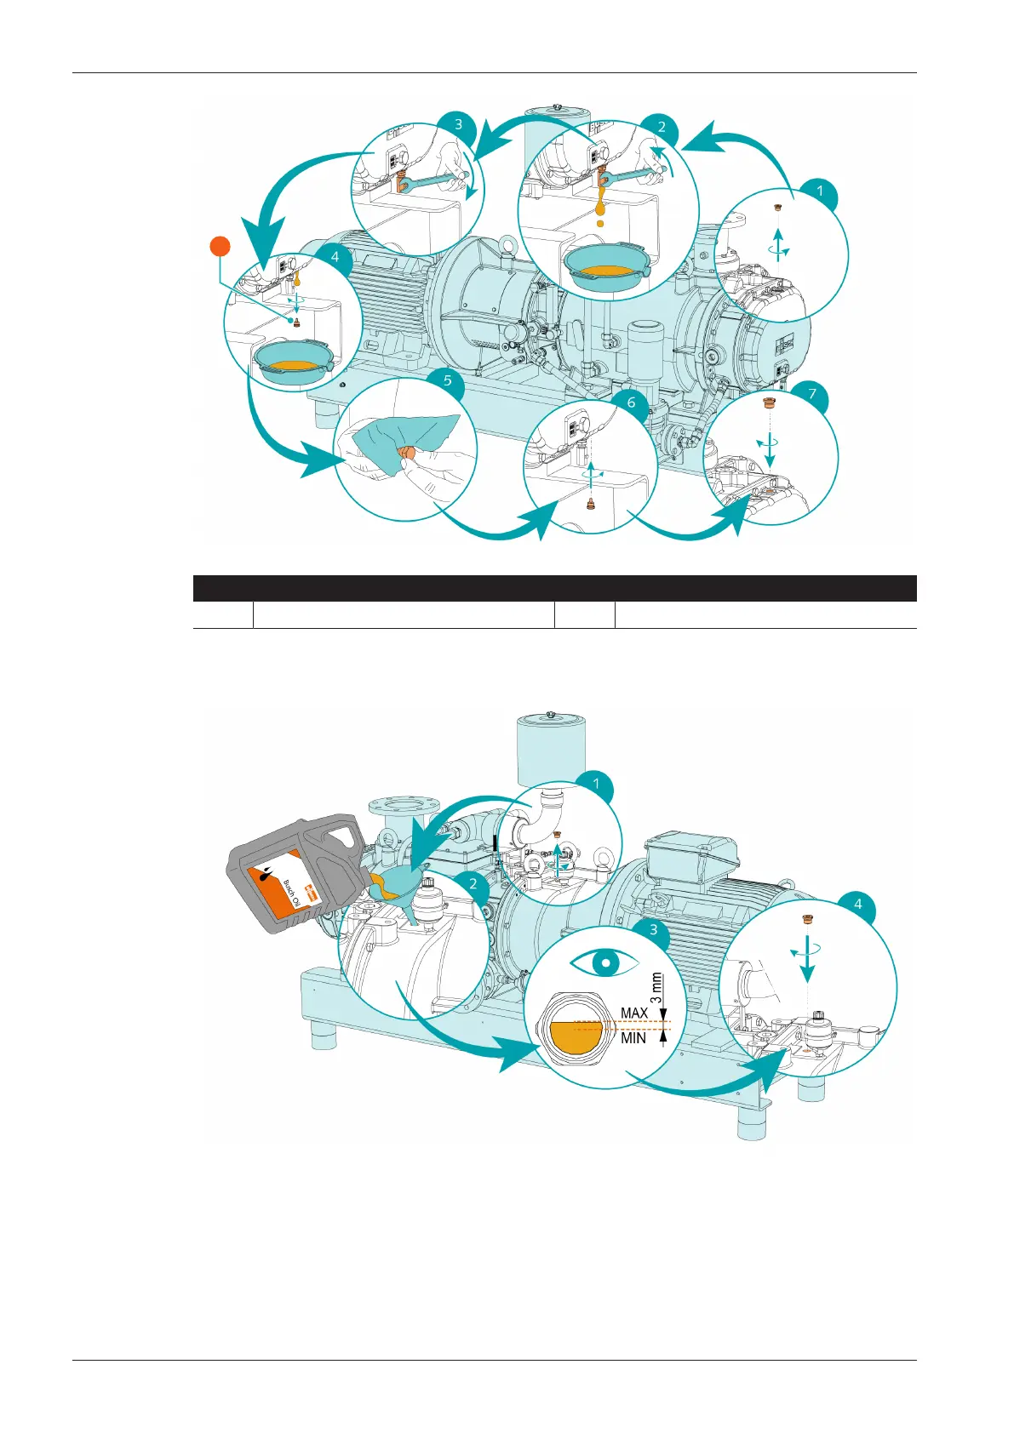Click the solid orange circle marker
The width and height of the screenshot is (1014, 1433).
click(x=221, y=247)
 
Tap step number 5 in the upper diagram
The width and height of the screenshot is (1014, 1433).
click(x=448, y=380)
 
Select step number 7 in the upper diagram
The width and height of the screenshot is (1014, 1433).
click(x=812, y=393)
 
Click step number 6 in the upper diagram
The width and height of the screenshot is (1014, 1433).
click(x=631, y=402)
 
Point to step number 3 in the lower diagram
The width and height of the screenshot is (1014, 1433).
click(x=653, y=929)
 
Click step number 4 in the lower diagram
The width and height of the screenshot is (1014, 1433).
click(x=857, y=904)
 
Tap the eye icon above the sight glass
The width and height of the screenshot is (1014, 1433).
click(x=604, y=963)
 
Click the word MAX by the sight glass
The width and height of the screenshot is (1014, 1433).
click(x=634, y=1013)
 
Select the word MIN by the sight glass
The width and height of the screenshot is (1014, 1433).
click(x=633, y=1038)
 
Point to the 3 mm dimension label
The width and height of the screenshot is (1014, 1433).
click(x=656, y=987)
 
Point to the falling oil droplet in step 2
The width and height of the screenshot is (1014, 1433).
click(x=600, y=223)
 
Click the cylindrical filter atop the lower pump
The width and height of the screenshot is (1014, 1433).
click(x=551, y=749)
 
